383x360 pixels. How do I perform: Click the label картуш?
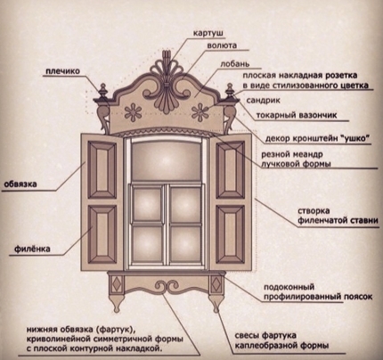point(208,33)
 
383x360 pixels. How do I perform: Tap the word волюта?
point(222,45)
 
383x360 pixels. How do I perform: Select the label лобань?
point(234,64)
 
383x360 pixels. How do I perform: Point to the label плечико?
point(62,71)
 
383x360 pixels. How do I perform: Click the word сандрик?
point(263,101)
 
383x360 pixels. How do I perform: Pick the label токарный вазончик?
point(297,115)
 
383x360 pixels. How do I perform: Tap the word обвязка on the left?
point(20,184)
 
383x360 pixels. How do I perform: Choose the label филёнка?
point(32,249)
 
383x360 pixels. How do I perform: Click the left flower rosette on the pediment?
point(133,112)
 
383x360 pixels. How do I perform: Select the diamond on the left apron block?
point(117,284)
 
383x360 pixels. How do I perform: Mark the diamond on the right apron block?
point(216,284)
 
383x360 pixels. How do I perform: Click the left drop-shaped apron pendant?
point(117,304)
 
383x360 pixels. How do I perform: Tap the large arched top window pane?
point(166,161)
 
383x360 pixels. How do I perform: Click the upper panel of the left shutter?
point(102,169)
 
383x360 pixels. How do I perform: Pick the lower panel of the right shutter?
point(231,234)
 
